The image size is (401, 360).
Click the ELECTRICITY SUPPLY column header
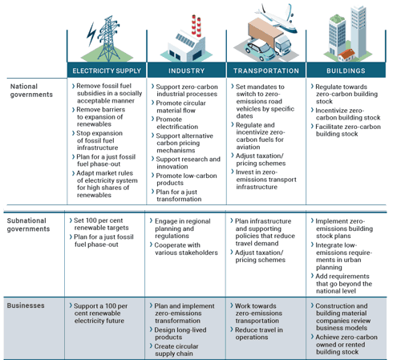coord(107,71)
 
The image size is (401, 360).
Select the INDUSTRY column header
coord(186,71)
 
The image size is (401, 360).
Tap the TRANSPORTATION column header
coord(266,71)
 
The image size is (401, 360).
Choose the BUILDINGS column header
coord(346,71)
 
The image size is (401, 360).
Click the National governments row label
coord(31,91)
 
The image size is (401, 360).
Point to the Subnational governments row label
coord(28,224)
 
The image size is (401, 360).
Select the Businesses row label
coord(26,305)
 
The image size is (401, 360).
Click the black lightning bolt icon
coord(91,34)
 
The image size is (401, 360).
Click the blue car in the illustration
coord(261,51)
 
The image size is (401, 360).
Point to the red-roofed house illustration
coord(346,55)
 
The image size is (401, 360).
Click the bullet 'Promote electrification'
coord(175,123)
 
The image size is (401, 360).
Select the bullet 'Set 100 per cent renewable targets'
coord(99,224)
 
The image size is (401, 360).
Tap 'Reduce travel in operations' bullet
coord(257,334)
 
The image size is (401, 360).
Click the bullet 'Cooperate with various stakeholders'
coord(184,249)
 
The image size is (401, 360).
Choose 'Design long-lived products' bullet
coord(178,334)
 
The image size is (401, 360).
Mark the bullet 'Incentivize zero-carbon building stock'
coord(346,114)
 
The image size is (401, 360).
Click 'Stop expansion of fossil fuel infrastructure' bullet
coord(97,140)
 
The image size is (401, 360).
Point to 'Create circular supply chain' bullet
coord(174,350)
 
